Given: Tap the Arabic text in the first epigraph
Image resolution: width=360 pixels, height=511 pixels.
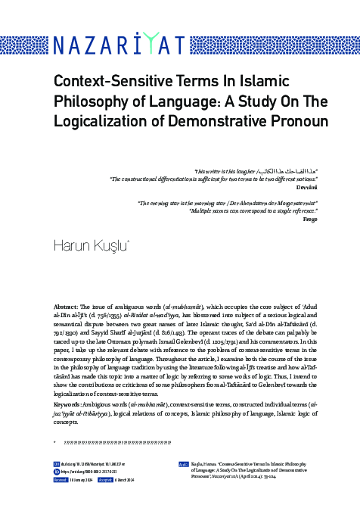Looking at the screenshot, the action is pos(284,172).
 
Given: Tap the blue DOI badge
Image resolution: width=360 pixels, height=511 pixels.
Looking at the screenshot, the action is pos(56,463).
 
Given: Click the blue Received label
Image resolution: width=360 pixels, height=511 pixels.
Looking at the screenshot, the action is pos(61,479).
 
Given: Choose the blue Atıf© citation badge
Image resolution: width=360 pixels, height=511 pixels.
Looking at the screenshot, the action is pos(184,463).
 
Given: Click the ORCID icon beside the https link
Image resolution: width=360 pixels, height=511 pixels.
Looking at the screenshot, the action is pos(56,470).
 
